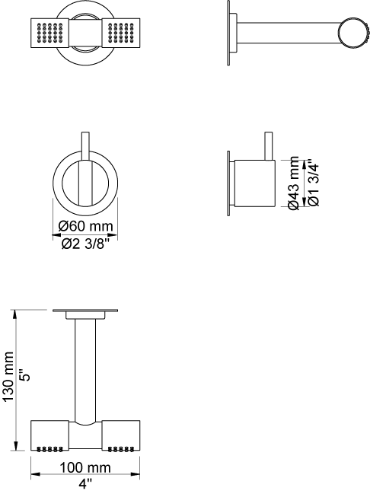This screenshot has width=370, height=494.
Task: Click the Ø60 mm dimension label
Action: (85, 226)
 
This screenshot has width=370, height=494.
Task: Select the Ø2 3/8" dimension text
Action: (85, 244)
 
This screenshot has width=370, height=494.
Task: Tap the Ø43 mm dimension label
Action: (293, 183)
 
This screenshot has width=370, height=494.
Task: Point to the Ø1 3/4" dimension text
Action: (314, 184)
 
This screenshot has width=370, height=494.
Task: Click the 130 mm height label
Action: (8, 377)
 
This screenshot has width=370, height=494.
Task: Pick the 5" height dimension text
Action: (26, 375)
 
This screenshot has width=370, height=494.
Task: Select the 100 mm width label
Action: (85, 467)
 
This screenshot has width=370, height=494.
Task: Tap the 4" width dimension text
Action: (85, 483)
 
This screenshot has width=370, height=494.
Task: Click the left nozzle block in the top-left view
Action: (49, 33)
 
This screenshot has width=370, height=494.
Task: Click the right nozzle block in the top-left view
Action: (121, 33)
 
